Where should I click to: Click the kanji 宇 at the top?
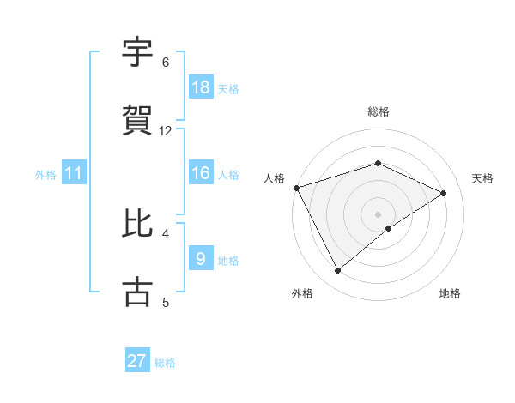click(138, 52)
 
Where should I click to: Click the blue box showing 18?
click(201, 87)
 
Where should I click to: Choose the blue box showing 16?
click(201, 173)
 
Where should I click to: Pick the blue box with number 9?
click(201, 258)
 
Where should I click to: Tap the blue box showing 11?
click(74, 173)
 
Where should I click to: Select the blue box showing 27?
click(137, 361)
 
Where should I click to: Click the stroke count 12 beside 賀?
click(166, 131)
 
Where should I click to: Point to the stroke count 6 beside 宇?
click(166, 63)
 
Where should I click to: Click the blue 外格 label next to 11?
click(45, 174)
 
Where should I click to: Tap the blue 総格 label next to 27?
click(165, 362)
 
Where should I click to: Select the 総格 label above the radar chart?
click(378, 111)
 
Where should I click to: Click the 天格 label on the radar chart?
click(483, 178)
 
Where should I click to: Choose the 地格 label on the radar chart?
click(450, 294)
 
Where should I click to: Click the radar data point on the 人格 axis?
click(296, 188)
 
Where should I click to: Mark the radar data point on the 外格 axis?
click(337, 271)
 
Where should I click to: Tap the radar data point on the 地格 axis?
click(389, 228)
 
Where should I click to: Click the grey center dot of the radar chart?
click(378, 214)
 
